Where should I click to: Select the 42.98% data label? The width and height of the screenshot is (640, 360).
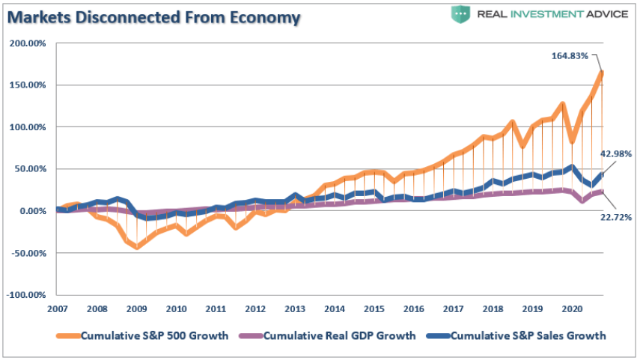click(617, 153)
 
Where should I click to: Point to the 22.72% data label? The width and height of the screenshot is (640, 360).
click(616, 217)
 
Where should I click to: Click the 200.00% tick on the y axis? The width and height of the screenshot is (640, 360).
click(28, 43)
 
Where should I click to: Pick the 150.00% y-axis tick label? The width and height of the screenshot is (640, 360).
click(28, 85)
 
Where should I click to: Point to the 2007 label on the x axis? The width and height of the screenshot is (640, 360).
click(58, 308)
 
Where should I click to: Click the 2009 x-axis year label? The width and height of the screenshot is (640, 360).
click(137, 308)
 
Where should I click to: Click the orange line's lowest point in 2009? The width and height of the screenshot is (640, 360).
click(137, 246)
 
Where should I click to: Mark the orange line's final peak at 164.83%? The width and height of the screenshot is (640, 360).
click(602, 73)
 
